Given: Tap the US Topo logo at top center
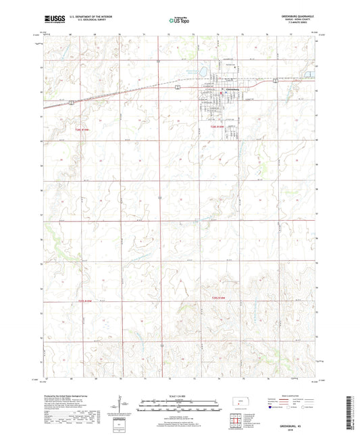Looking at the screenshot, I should click(x=178, y=21).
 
